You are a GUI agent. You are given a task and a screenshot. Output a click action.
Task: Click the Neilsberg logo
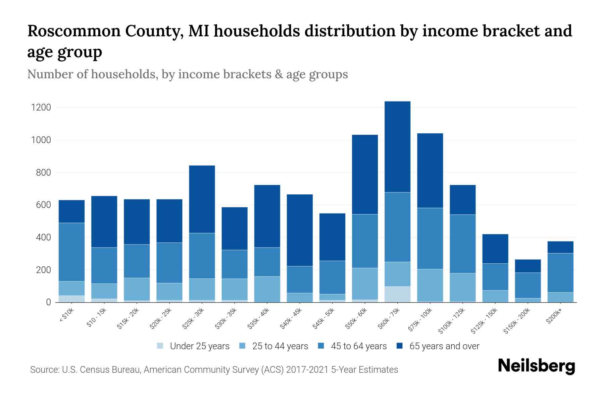pyautogui.click(x=536, y=366)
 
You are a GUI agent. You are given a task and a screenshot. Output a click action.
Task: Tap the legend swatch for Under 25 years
pyautogui.click(x=160, y=346)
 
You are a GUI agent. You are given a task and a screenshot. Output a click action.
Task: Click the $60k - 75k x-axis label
pyautogui.click(x=389, y=318)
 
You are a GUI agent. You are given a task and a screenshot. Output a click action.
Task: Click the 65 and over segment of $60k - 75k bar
pyautogui.click(x=397, y=146)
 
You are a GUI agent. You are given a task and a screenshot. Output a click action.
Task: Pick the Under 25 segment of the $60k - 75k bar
pyautogui.click(x=397, y=294)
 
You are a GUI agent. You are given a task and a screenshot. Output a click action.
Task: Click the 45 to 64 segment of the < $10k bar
pyautogui.click(x=71, y=252)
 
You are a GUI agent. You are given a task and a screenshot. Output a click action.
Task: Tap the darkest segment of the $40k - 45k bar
pyautogui.click(x=300, y=230)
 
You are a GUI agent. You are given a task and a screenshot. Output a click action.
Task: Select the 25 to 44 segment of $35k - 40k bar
pyautogui.click(x=267, y=289)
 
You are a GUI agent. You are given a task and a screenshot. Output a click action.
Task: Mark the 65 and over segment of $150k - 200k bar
pyautogui.click(x=527, y=266)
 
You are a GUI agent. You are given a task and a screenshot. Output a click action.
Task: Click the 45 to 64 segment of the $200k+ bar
pyautogui.click(x=560, y=273)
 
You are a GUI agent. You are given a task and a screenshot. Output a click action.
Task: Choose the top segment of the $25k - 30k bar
pyautogui.click(x=202, y=199)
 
